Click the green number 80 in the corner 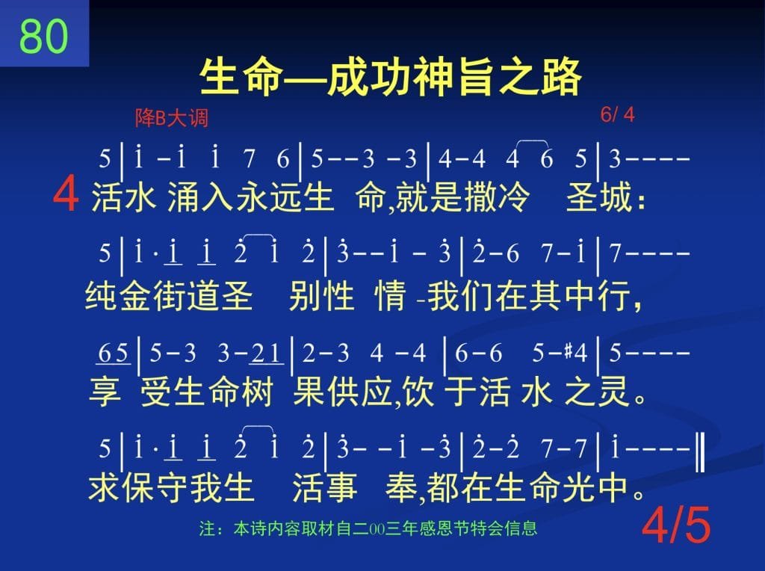pos(44,36)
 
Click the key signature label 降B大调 pos(172,118)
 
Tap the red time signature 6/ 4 pos(617,114)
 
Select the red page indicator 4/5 pos(676,525)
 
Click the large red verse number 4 pos(66,194)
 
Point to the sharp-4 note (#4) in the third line pos(576,352)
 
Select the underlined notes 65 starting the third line pos(114,353)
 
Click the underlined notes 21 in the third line pos(267,353)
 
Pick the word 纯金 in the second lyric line pos(119,295)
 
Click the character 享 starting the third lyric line pos(105,392)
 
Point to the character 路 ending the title pos(561,77)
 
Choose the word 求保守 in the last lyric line pos(137,487)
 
